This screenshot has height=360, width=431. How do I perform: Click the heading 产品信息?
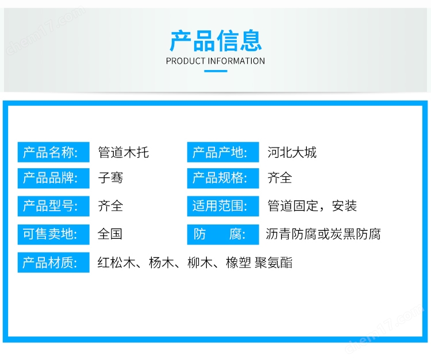point(215,41)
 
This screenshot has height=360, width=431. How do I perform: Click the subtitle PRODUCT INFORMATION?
point(215,61)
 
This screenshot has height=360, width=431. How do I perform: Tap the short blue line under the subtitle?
point(215,71)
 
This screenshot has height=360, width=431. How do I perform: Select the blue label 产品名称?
point(53,152)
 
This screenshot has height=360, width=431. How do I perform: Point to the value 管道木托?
point(124,152)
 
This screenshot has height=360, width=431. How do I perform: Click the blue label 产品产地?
point(223,152)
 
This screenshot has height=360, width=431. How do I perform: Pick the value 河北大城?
point(292,152)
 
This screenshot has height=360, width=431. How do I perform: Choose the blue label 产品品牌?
point(53,178)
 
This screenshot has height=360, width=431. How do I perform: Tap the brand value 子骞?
point(110,177)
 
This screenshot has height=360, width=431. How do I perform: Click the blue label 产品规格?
point(223,178)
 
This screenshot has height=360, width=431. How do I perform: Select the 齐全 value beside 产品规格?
point(280,177)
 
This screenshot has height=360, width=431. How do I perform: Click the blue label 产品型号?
point(53,206)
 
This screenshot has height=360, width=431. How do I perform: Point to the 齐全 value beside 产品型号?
point(110,206)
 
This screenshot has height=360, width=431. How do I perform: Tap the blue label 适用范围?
point(223,206)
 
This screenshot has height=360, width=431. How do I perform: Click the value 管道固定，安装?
point(312,206)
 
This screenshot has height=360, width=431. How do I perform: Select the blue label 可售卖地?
point(53,234)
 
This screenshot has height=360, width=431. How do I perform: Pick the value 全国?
point(110,234)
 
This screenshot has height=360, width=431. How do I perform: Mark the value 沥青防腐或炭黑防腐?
point(323,234)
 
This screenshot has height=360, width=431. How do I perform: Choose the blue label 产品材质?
point(53,262)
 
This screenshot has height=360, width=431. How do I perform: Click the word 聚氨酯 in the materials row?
point(274,262)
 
